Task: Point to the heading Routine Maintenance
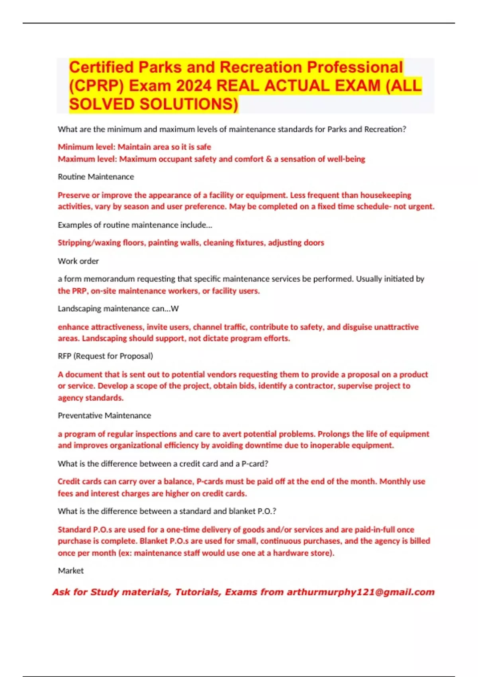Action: point(96,177)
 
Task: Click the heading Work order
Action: point(78,261)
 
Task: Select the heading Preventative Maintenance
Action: point(104,416)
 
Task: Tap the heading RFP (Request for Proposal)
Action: point(105,356)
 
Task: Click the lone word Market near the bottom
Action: point(71,571)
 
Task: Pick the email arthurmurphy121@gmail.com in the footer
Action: point(360,592)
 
